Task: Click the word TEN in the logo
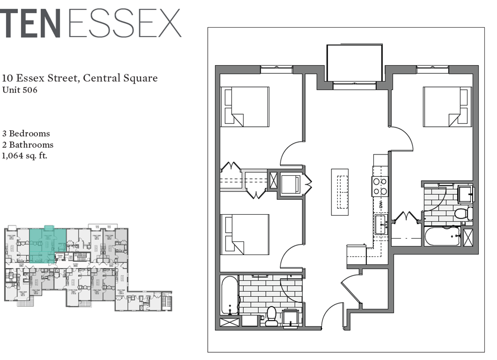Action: tap(30, 23)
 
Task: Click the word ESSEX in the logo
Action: tap(125, 23)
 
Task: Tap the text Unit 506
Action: tap(20, 90)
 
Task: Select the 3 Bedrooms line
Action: tap(26, 134)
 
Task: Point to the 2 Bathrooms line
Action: tap(28, 145)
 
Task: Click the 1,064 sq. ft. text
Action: tap(25, 156)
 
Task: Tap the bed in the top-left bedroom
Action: tap(245, 107)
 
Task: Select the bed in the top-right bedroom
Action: tap(447, 107)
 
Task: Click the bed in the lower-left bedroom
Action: tap(245, 234)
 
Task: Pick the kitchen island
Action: tap(340, 191)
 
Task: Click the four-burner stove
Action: tap(380, 186)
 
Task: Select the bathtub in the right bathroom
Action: tap(442, 236)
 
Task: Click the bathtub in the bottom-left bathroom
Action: tap(229, 295)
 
